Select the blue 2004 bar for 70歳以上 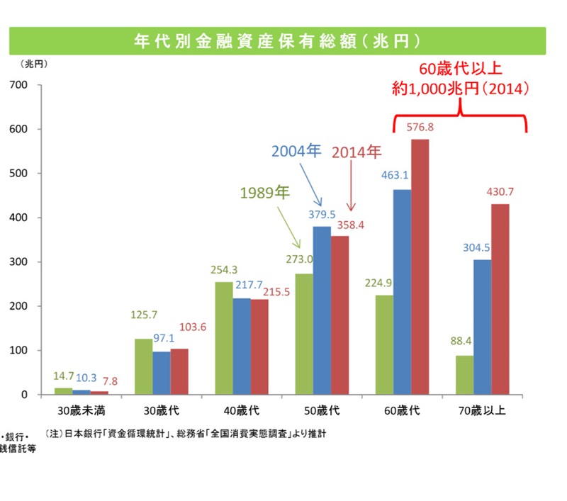tap(483, 327)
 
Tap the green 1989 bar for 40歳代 tap(224, 338)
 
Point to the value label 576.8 tap(420, 128)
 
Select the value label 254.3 tap(225, 270)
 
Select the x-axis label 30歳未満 tap(82, 410)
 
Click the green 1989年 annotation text tap(264, 193)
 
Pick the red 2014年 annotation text tap(357, 152)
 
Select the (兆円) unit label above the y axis tap(33, 64)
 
